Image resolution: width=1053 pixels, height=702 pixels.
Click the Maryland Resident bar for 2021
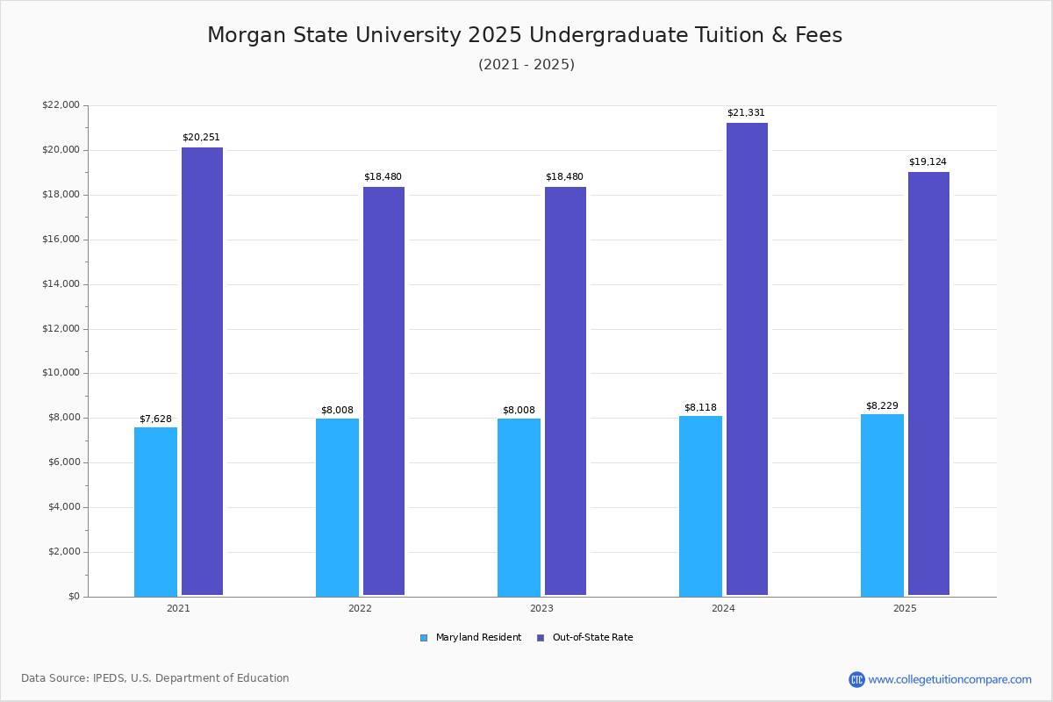[155, 512]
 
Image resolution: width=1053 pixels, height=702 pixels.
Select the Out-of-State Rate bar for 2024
[747, 359]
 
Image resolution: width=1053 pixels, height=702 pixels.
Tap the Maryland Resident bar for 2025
[882, 505]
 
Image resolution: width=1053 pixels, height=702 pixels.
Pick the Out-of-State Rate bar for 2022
[383, 391]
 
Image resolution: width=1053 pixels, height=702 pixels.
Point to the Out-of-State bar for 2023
[565, 391]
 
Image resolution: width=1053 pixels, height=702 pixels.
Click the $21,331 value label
[746, 113]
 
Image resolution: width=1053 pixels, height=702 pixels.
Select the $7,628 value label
[155, 419]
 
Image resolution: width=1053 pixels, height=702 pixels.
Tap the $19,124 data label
[928, 162]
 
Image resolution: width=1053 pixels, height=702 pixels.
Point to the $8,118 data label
[700, 407]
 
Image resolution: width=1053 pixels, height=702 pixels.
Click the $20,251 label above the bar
[201, 138]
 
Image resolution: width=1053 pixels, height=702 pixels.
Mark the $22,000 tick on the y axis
[61, 105]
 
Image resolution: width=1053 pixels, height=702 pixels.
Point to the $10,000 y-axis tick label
[61, 373]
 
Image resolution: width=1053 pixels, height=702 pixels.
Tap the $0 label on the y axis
[73, 597]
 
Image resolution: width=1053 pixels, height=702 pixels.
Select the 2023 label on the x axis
[541, 608]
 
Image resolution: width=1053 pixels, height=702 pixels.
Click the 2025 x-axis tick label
[905, 608]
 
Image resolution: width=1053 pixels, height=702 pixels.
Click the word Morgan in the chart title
[246, 35]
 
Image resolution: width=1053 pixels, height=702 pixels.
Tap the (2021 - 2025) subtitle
[526, 65]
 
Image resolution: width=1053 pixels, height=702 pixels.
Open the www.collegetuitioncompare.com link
[949, 679]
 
